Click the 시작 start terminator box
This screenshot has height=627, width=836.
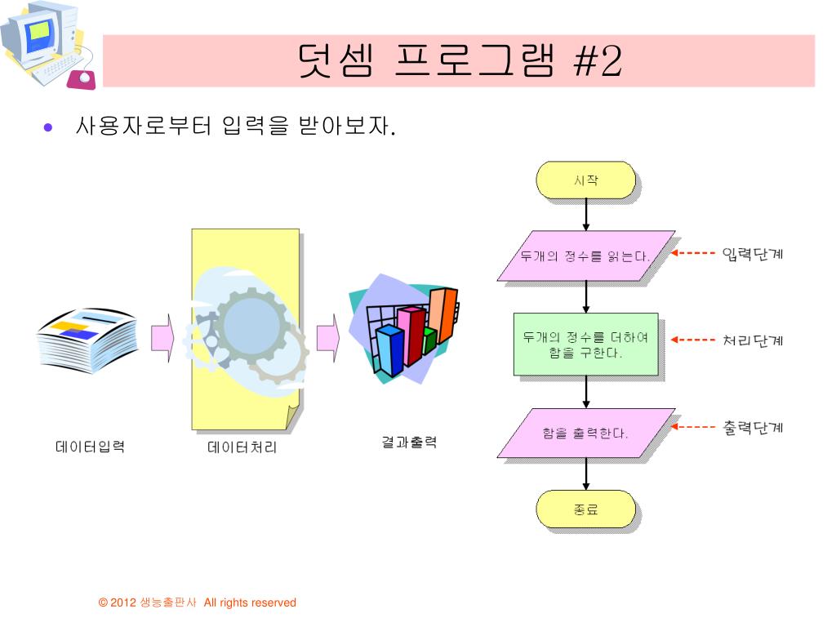tap(585, 180)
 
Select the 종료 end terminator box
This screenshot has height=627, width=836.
tap(585, 509)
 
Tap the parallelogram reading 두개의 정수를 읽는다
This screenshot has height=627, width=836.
tap(586, 256)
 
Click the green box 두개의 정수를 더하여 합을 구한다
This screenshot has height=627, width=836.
tap(586, 345)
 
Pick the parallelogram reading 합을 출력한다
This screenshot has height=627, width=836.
tap(586, 433)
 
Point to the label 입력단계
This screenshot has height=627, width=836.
tap(752, 254)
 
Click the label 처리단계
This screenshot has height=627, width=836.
tap(752, 340)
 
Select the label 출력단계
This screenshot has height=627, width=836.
tap(752, 428)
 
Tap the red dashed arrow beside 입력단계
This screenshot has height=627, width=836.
tap(692, 253)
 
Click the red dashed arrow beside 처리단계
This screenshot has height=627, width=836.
tap(692, 340)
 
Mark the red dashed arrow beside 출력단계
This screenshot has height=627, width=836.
tap(692, 426)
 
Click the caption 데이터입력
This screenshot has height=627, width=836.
tap(90, 447)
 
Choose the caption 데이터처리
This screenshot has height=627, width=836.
tap(242, 447)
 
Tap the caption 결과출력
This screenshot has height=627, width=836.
tap(409, 442)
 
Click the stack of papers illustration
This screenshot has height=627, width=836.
tap(87, 340)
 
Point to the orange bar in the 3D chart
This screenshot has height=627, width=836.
tap(442, 315)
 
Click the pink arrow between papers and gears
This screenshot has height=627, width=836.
tap(162, 338)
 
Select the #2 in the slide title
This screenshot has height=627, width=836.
tap(597, 60)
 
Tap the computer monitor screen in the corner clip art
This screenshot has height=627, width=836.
tap(39, 32)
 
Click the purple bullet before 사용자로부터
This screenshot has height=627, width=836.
tap(48, 127)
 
